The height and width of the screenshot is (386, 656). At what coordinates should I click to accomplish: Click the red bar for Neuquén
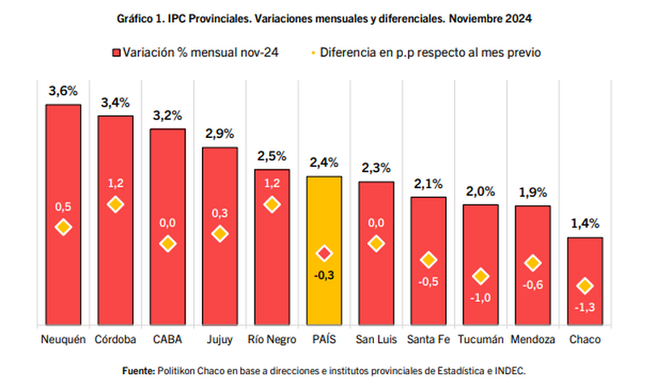(63, 170)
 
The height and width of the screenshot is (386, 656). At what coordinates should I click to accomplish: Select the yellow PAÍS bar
(324, 213)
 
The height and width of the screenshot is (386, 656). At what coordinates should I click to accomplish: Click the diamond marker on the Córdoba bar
(115, 205)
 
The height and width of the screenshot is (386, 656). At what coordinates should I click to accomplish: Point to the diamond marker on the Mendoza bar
(532, 263)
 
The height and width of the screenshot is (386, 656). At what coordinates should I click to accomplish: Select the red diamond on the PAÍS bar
(324, 254)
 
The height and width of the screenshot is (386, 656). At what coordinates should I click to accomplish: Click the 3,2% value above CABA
(167, 116)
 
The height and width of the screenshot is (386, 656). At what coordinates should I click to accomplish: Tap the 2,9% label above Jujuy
(220, 135)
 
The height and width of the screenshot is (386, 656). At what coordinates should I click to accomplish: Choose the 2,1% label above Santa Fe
(429, 184)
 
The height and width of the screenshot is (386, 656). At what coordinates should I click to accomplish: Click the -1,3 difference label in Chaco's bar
(584, 307)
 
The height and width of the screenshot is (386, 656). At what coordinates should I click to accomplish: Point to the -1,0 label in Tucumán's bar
(480, 297)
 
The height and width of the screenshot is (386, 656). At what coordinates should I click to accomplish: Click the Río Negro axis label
(272, 340)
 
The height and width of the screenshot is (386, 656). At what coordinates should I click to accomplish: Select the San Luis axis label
(376, 340)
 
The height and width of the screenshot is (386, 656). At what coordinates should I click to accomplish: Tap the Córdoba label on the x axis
(115, 340)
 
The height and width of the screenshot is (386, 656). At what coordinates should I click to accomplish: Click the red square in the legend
(117, 53)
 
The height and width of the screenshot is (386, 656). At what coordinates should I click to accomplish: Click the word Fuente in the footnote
(138, 371)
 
